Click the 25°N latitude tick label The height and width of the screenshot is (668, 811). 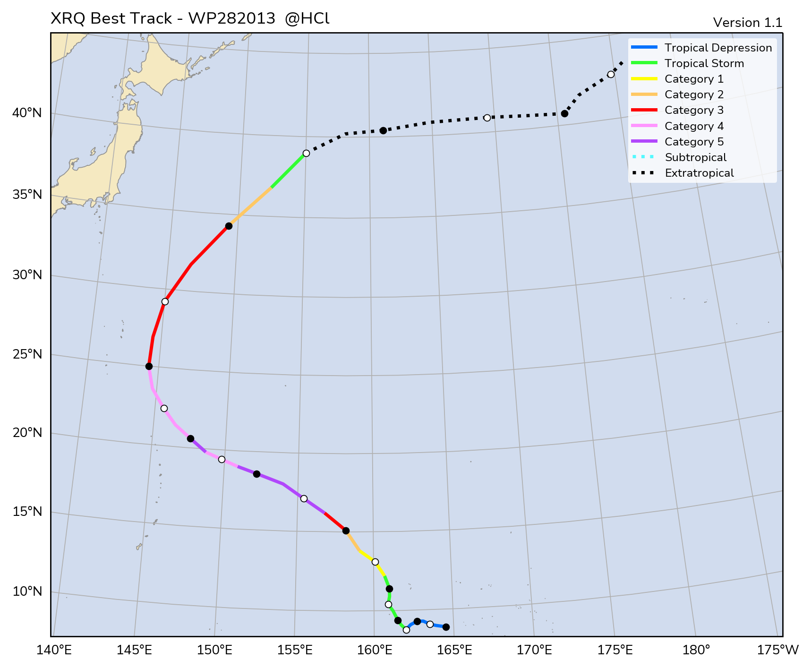pos(27,354)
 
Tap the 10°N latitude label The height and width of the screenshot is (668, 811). pos(27,591)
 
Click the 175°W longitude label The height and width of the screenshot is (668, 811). pos(777,651)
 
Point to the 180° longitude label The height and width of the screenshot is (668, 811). pos(696,651)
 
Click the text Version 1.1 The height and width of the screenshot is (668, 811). pos(747,23)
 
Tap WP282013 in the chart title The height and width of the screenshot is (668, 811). pos(231,19)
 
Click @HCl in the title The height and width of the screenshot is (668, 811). pos(307,19)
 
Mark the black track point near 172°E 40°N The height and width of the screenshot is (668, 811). pos(564,114)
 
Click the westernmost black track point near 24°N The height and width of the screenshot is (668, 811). pos(149,366)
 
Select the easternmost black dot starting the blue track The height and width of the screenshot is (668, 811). pos(446,627)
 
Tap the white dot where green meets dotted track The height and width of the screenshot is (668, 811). pos(306,153)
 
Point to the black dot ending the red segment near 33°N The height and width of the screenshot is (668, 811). pos(229,226)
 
